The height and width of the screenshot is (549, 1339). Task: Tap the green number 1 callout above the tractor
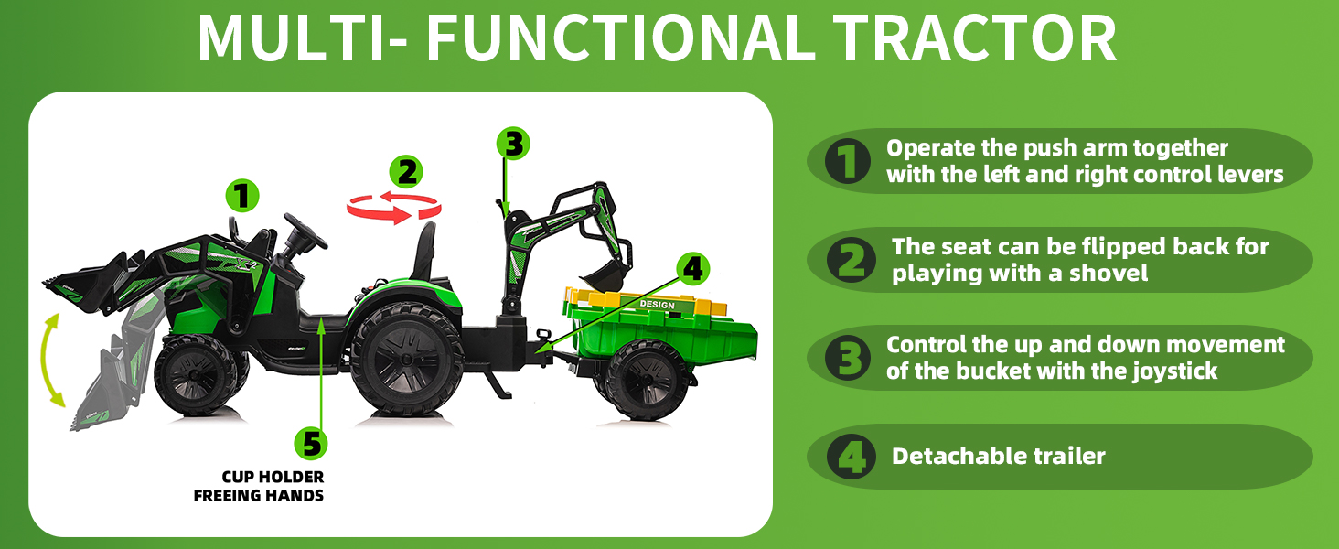coord(241,195)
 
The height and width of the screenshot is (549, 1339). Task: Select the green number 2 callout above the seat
coord(406,172)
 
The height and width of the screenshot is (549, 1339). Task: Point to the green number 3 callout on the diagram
coord(513,144)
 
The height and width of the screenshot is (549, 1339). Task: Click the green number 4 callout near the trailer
coord(693,268)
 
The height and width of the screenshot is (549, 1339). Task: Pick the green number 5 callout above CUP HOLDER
coord(311,444)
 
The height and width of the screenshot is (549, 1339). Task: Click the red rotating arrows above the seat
coord(393,208)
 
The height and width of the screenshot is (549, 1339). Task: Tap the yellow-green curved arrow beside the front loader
coord(53,359)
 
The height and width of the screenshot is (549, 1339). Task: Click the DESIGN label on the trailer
coord(657,305)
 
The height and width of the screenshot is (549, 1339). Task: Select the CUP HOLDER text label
coord(273,477)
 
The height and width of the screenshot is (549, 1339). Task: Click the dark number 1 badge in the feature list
coord(847,162)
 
